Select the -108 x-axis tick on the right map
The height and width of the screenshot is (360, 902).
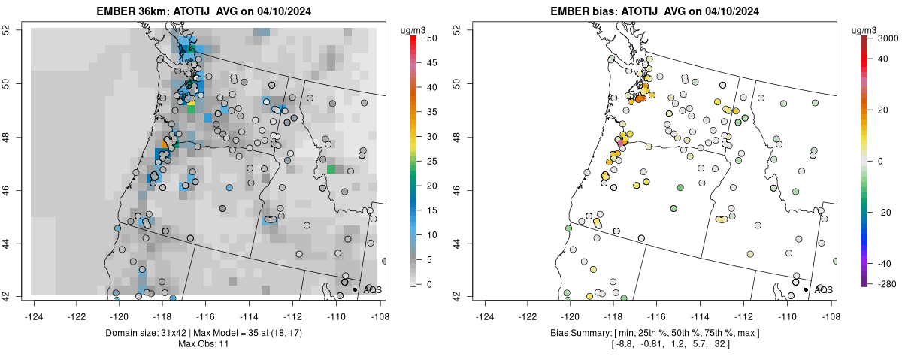[830, 307]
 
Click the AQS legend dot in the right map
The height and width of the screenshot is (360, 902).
[805, 289]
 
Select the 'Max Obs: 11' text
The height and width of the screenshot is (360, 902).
[203, 343]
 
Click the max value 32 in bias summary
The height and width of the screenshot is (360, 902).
[720, 343]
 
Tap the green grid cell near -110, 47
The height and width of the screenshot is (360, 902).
[331, 169]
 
